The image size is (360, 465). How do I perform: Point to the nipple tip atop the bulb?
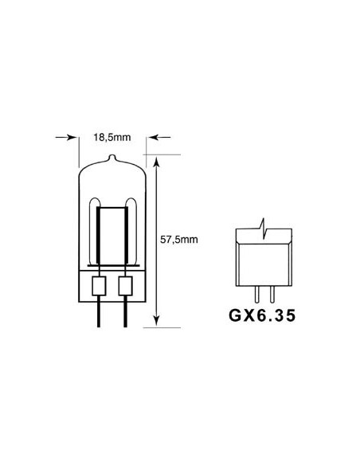[112, 157]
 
